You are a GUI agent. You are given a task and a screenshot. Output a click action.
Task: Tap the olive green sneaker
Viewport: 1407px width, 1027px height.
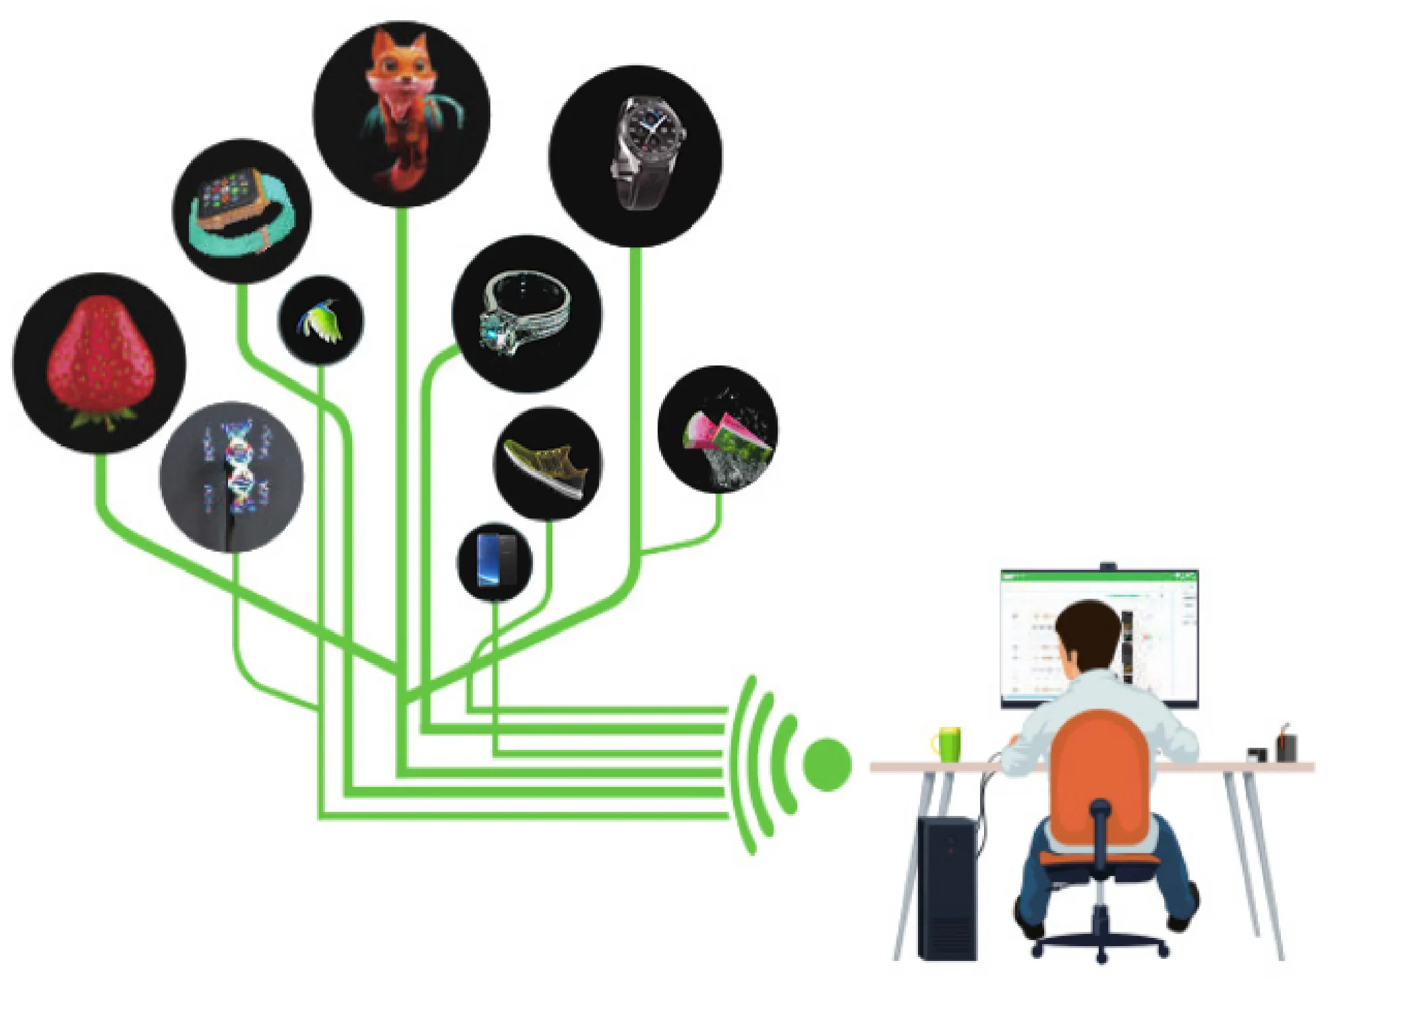click(546, 465)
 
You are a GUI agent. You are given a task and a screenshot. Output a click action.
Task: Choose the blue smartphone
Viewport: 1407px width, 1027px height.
click(494, 560)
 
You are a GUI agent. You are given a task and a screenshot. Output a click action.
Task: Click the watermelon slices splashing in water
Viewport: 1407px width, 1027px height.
click(725, 438)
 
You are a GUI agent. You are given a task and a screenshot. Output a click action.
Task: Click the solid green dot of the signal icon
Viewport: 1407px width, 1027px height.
click(827, 764)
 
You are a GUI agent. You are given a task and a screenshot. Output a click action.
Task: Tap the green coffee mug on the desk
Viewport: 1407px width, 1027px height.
click(948, 744)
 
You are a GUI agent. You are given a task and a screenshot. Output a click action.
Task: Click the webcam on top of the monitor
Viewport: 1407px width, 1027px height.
click(1108, 566)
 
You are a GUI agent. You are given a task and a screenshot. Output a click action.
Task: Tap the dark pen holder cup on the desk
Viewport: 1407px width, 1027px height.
click(1286, 746)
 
